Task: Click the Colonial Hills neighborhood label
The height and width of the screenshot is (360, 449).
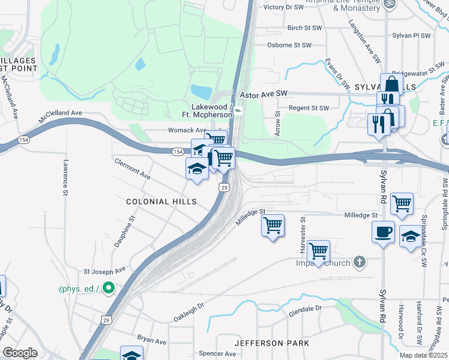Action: [161, 202]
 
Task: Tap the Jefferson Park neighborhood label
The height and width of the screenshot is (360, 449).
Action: [272, 343]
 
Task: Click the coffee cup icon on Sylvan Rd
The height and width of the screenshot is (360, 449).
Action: [383, 231]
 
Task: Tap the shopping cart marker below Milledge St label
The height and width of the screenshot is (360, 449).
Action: [273, 226]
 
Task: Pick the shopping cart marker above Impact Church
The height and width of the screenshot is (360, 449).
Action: [318, 250]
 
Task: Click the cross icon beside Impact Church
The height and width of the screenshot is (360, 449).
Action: [359, 262]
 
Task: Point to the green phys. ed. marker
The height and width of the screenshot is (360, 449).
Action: [109, 289]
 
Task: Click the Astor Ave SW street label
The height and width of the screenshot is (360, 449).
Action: [264, 94]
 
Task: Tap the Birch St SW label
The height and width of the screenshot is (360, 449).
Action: [304, 28]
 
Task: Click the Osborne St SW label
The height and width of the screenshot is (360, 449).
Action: [289, 45]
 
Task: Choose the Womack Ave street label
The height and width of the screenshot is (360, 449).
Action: [186, 130]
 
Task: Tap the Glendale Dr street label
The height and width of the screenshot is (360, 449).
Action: [305, 308]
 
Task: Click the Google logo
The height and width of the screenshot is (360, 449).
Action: [20, 353]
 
